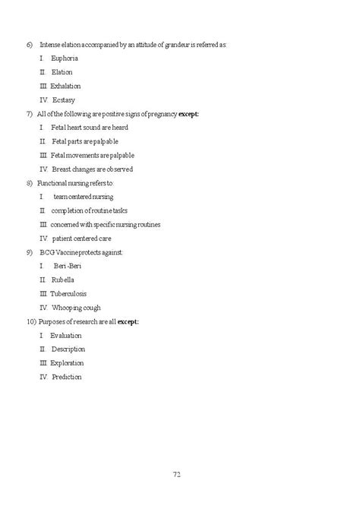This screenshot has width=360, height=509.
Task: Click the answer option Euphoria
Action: point(64,58)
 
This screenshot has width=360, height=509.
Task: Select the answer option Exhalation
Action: point(65,86)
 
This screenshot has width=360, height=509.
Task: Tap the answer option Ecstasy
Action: point(64,100)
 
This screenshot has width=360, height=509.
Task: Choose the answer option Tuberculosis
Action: point(68,294)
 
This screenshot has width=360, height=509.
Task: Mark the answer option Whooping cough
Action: point(76,308)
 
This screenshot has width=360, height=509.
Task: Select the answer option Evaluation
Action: point(65,336)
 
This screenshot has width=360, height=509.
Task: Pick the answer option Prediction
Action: point(67,377)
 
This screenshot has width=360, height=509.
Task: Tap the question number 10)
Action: point(30,322)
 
